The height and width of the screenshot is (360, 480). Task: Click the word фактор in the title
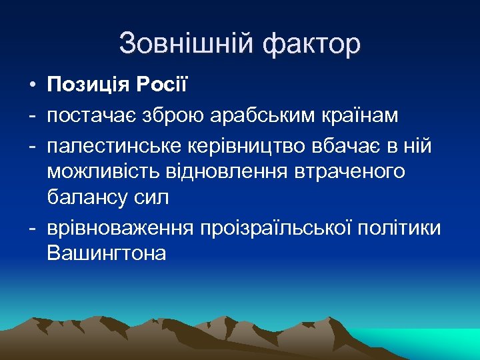point(311,44)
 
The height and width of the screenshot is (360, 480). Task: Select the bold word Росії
point(164,86)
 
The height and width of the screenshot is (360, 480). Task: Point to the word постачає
point(93,116)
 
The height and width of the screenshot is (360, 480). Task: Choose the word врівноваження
point(119,227)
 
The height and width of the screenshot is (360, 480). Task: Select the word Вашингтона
point(106,255)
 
